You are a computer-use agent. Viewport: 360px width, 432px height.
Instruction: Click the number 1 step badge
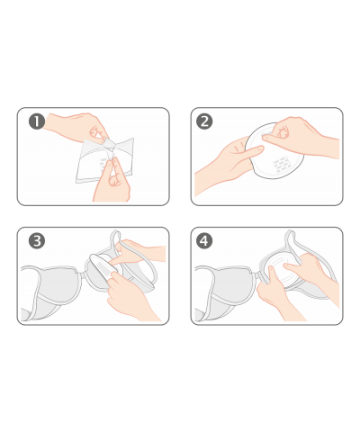[x=37, y=121]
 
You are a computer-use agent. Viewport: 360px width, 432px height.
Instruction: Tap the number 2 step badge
[x=204, y=121]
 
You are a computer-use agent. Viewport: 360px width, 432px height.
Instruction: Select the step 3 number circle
[x=37, y=241]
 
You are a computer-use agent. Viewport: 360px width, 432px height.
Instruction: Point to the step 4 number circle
[x=204, y=241]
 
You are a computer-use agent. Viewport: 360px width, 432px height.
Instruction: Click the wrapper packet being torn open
[x=105, y=160]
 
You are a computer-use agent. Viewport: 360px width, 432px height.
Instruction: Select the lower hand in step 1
[x=112, y=180]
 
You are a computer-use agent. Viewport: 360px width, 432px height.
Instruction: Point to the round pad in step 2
[x=274, y=151]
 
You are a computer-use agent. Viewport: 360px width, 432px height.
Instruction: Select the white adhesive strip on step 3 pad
[x=103, y=266]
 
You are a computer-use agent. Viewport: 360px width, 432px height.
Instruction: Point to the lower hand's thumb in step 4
[x=273, y=275]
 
